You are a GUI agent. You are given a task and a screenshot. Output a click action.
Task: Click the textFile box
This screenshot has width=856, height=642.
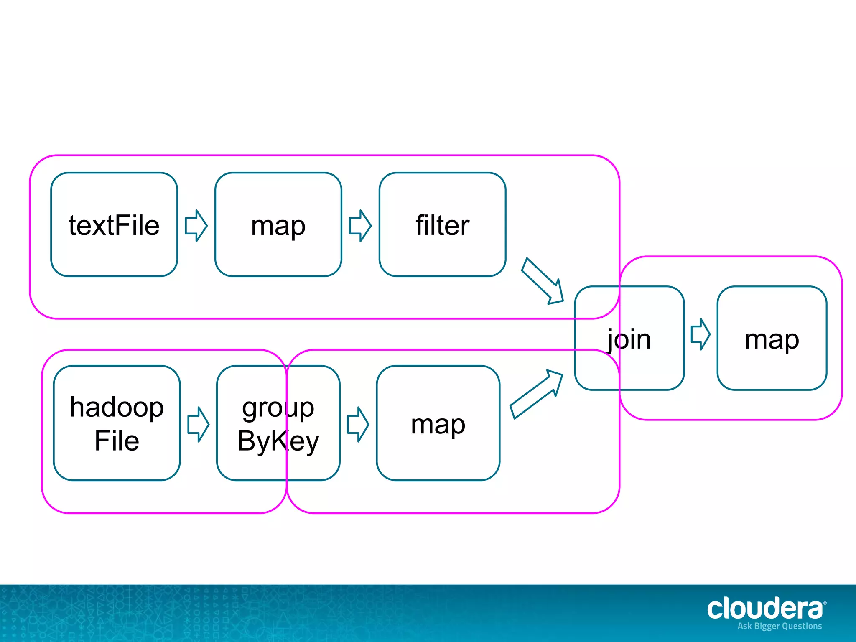click(114, 225)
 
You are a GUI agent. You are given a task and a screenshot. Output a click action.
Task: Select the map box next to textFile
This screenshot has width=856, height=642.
click(278, 225)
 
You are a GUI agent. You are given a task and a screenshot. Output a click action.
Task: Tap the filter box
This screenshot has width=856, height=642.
click(442, 225)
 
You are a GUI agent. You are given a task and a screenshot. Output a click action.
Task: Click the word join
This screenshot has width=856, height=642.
click(629, 339)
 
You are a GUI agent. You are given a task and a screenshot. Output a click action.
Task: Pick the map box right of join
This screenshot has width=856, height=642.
click(772, 339)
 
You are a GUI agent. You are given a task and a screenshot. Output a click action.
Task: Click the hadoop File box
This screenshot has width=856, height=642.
click(117, 423)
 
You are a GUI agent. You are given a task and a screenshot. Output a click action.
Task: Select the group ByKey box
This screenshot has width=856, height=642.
click(278, 423)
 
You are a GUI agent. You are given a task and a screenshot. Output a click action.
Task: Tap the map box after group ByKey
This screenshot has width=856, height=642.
click(438, 423)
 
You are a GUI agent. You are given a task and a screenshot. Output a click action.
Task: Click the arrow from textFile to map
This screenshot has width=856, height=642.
click(196, 226)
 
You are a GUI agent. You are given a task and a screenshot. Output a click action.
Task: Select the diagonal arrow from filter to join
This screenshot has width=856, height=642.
click(543, 281)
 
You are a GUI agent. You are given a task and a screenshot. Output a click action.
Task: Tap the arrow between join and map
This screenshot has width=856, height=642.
click(701, 334)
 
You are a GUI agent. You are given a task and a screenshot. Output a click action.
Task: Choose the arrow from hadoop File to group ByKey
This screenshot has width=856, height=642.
click(198, 424)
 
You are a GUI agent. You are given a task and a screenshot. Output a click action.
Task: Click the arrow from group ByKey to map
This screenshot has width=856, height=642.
click(358, 424)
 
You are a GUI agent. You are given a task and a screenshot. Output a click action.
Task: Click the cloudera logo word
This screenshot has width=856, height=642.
click(765, 609)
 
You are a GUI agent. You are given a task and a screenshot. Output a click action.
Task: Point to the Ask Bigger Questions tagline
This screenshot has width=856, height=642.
click(780, 626)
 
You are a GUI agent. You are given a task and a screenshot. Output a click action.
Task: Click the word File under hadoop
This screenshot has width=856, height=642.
click(117, 441)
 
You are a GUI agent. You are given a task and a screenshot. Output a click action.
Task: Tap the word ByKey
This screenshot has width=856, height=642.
click(278, 441)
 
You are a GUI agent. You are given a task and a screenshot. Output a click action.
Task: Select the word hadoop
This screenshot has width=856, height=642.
click(117, 407)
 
